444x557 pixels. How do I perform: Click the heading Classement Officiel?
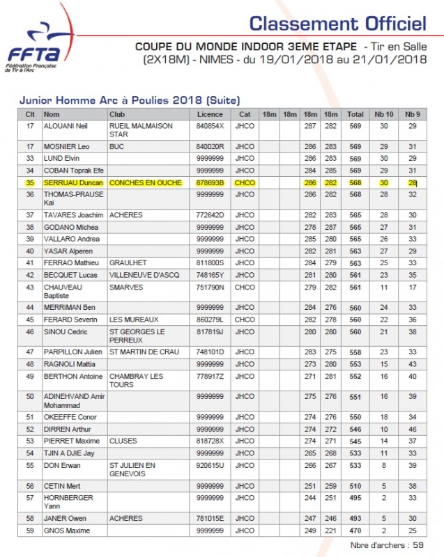click(337, 23)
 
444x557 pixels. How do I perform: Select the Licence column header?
click(210, 114)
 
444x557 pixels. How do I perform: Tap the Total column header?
click(355, 114)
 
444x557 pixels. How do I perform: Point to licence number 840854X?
click(210, 126)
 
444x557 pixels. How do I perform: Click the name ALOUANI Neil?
click(68, 126)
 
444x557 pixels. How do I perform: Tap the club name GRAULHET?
click(127, 263)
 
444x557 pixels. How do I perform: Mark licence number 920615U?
click(210, 465)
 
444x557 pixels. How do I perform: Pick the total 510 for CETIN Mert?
click(355, 486)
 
